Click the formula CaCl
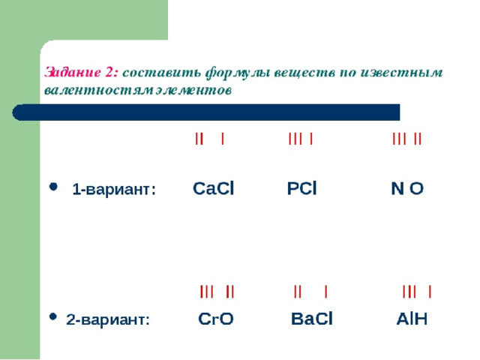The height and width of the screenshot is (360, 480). coord(213,188)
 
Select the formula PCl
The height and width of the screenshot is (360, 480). coord(301,188)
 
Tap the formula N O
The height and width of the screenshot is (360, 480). coord(407,188)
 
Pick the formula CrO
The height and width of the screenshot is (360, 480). coord(216,319)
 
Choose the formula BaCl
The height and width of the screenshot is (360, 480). coord(312,319)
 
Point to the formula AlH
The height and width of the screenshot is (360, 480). coord(412,319)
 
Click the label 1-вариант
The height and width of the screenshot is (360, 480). coord(114,189)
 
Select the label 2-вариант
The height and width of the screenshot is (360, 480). coord(108,320)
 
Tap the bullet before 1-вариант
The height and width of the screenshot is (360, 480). coord(53,187)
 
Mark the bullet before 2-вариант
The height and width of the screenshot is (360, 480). coord(53,316)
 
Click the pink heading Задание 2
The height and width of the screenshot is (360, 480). coord(81,73)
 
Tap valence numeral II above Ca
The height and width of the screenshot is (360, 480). coord(199,139)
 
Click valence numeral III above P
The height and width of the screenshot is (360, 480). coord(295,139)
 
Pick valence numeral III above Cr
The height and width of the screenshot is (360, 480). coord(207,292)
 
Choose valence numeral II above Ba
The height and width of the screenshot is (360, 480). coord(297,292)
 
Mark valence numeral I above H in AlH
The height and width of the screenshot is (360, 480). coord(430,292)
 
